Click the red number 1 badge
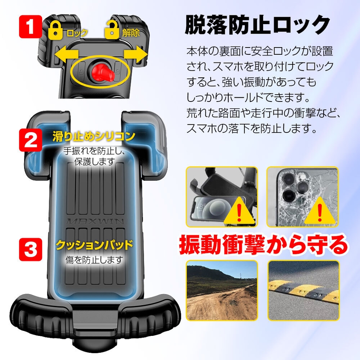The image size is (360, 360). pos(30,26)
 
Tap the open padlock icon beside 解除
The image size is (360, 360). pos(111,30)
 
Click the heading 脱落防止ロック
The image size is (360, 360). pos(257,26)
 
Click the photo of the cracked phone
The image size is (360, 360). pos(303,196)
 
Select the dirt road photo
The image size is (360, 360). pos(222,290)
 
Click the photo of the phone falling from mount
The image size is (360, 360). pos(222,196)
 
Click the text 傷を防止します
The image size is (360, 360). pos(94,260)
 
